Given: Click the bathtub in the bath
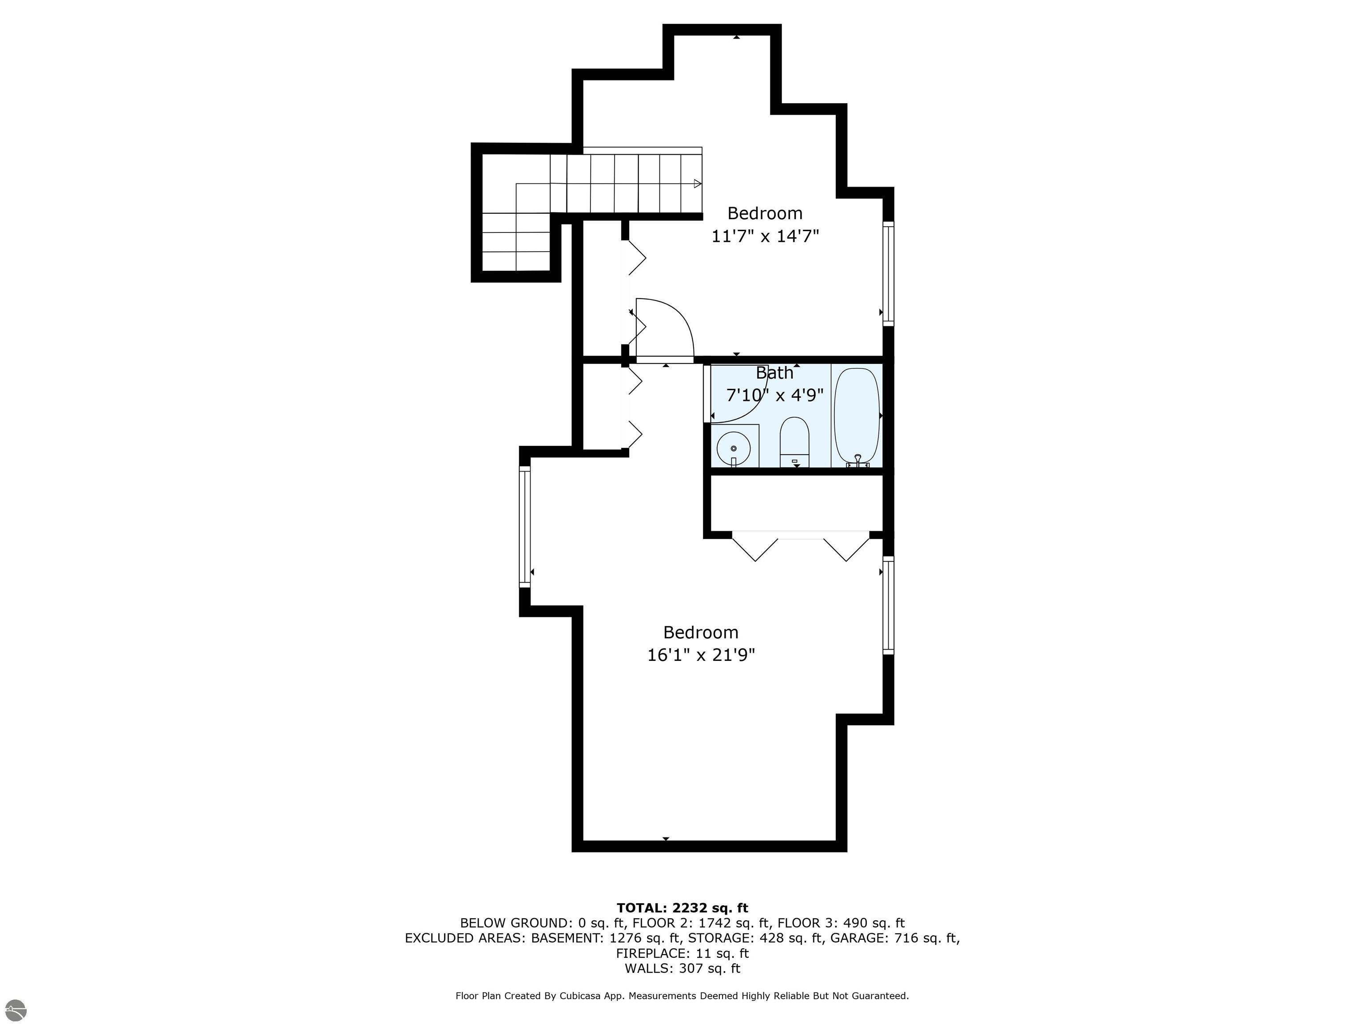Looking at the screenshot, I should (x=857, y=416).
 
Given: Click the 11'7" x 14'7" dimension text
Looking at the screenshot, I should (x=765, y=236).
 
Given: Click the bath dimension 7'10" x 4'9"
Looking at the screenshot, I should (x=774, y=395).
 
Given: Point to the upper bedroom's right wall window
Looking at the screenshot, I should (x=888, y=273).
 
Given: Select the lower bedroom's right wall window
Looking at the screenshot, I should (x=888, y=605).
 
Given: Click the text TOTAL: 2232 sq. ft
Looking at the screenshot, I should (x=682, y=908).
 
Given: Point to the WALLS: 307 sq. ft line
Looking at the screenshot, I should (x=682, y=968).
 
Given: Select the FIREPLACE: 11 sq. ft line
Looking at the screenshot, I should (x=682, y=954).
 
